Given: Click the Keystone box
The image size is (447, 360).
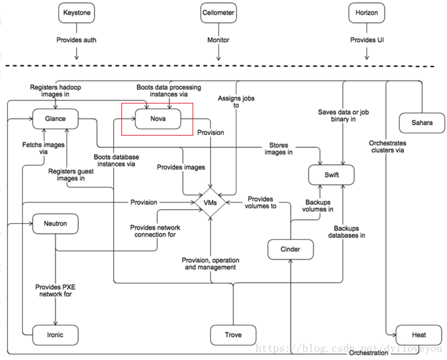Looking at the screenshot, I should coord(77,13).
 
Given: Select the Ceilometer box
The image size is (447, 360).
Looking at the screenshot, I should coord(218,13).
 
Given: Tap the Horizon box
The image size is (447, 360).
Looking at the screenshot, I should coord(366,13).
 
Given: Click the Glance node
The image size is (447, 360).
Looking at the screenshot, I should coord(55,119).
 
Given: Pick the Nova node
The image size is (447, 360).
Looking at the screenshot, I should coord(158,119).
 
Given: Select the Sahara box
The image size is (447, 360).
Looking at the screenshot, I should coord(422,123).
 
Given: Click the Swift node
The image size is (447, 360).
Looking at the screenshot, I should coord(331,175).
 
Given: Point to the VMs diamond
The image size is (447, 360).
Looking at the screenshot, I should coord(210,203).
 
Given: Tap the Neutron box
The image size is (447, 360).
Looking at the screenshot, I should coord(55,223).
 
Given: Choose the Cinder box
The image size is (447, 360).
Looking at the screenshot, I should coord(290,249).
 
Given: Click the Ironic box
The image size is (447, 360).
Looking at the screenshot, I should coord(55,335).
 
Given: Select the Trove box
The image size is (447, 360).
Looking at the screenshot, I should coord(233,335).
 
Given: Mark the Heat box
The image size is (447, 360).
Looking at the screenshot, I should coord(419,335).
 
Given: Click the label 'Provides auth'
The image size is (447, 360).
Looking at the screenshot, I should coord(76,40).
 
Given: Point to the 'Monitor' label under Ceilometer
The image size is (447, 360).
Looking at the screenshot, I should coord(218,40).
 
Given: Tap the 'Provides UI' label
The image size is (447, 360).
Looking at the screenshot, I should coord(367,40).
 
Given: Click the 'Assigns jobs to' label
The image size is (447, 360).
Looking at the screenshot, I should coord(236,101).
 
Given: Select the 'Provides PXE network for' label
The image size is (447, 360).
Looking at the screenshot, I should coord(55,290).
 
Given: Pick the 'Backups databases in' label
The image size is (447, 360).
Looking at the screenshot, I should coord(347,232).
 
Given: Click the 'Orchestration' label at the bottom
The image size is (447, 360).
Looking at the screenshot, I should coord(369,353).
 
